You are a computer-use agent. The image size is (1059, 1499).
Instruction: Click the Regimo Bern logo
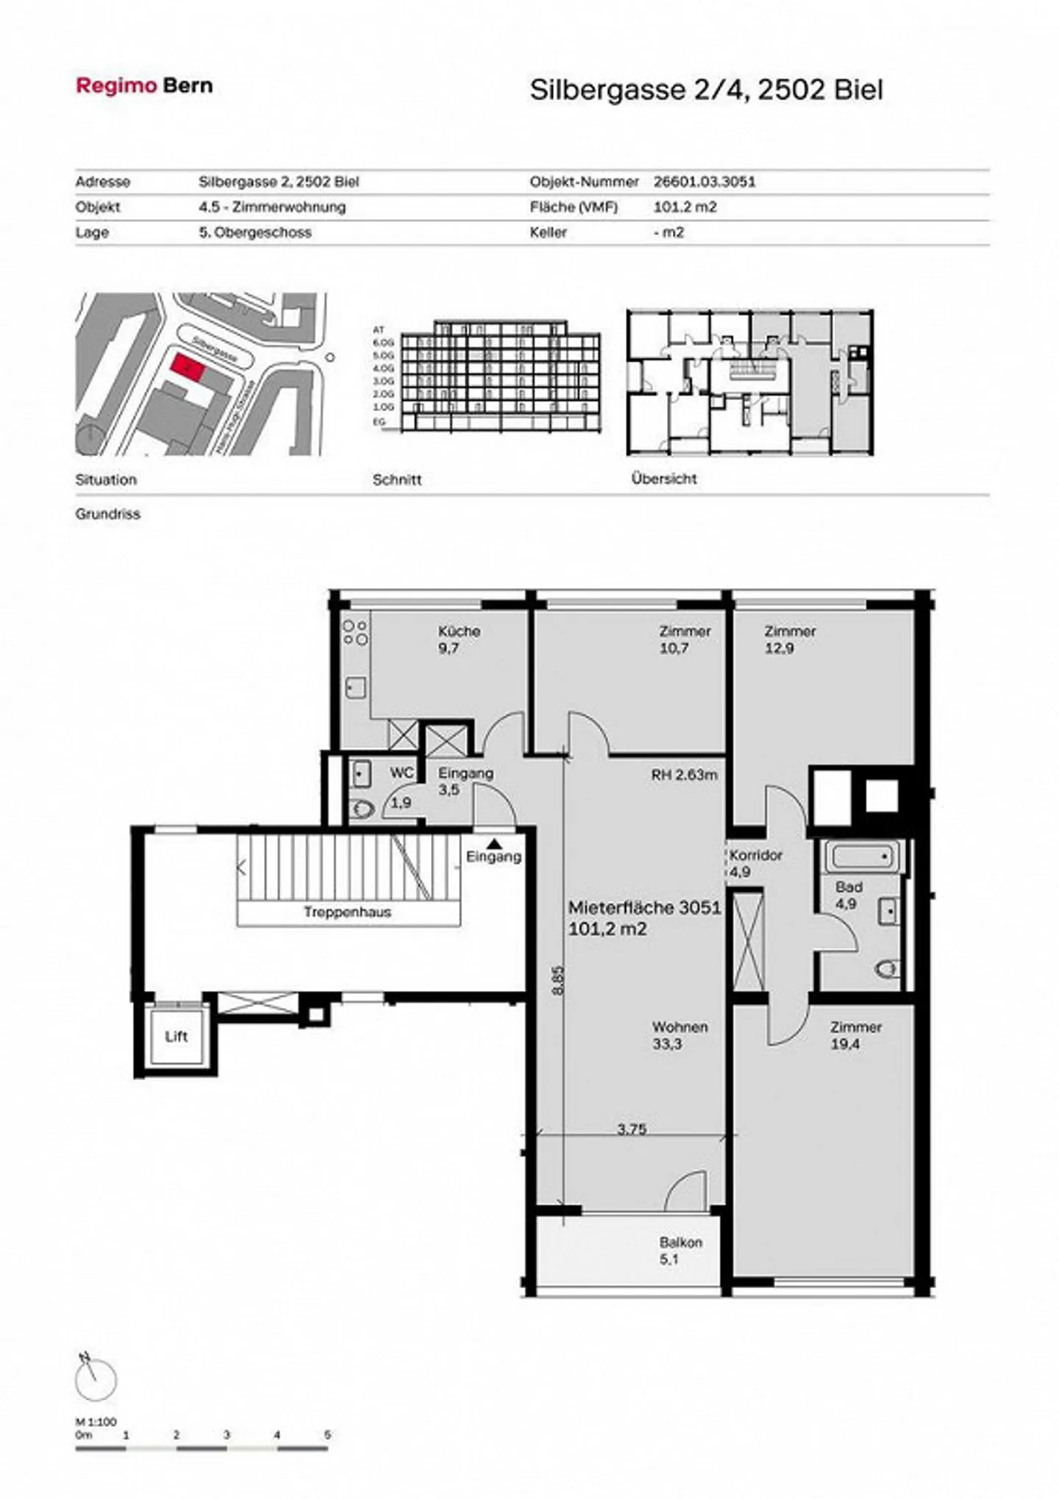(x=144, y=85)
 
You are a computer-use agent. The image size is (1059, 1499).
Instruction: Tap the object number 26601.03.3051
(x=704, y=182)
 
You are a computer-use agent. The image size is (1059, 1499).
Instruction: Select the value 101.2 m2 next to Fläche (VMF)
(x=684, y=207)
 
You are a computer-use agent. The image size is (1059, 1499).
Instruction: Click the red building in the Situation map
(x=187, y=365)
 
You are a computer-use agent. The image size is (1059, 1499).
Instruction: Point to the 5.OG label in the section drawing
(x=383, y=355)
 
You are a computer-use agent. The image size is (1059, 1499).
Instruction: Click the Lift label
(x=176, y=1037)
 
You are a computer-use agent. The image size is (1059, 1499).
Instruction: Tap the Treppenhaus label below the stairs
(x=347, y=912)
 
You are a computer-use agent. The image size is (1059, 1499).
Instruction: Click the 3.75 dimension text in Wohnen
(x=631, y=1128)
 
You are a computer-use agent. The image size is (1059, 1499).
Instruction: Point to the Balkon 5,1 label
(x=680, y=1251)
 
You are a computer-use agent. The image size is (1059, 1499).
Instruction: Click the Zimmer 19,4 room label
(x=855, y=1035)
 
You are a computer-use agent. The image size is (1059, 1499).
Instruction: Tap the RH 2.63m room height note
(x=683, y=775)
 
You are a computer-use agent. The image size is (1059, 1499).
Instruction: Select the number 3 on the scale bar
(x=227, y=1434)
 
